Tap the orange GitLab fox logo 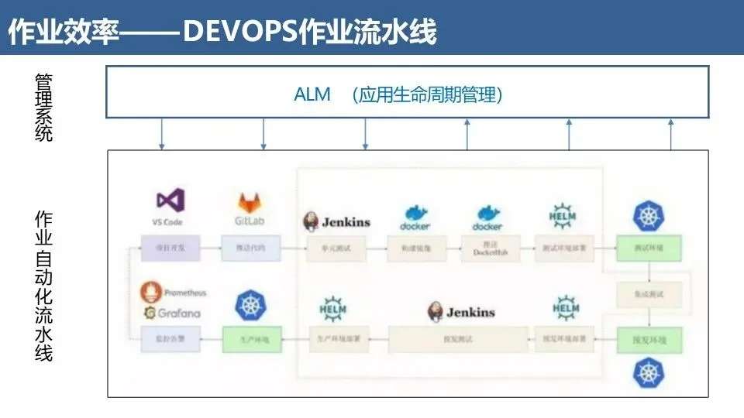click(x=249, y=204)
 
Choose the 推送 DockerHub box click(x=488, y=248)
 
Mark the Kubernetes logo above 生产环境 click(x=250, y=305)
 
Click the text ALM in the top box click(x=312, y=94)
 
